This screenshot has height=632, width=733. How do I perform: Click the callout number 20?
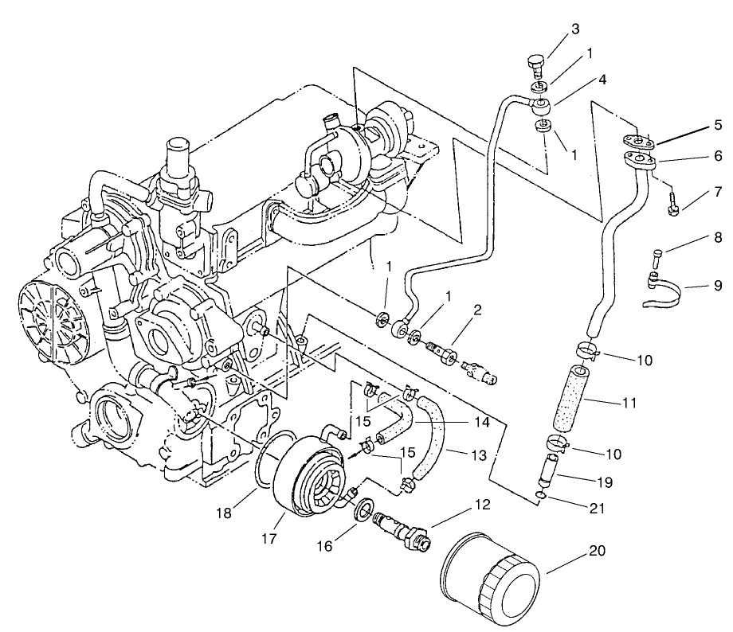click(x=598, y=549)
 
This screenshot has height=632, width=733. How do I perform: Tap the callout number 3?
click(x=574, y=30)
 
